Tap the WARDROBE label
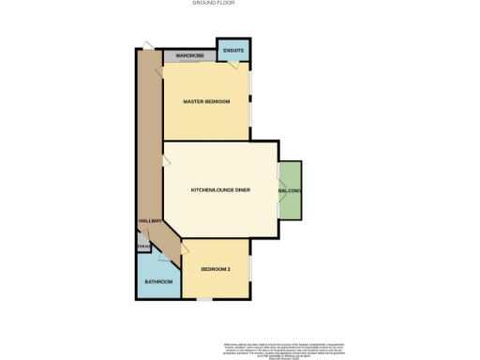[x=190, y=56]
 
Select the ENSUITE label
[x=233, y=50]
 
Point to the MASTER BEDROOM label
[x=207, y=101]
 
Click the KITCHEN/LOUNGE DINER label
[x=220, y=190]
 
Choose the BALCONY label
[x=290, y=191]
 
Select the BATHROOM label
[x=157, y=282]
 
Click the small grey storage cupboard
[x=142, y=246]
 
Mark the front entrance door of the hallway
[x=147, y=43]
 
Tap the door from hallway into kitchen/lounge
[x=167, y=162]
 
